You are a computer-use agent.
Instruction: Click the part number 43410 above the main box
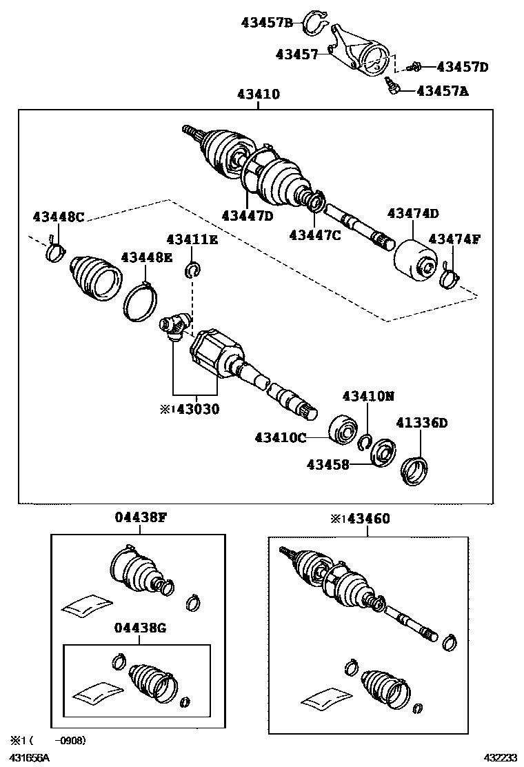click(259, 94)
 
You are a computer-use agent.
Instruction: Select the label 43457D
click(463, 67)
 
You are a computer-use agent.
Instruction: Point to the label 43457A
click(443, 90)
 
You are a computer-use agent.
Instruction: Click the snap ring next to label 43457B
click(316, 21)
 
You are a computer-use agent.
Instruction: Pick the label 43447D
click(248, 215)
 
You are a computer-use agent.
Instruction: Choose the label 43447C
click(314, 235)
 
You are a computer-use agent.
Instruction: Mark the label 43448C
click(59, 217)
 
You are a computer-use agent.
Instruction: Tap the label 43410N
click(369, 397)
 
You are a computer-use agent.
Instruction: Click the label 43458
click(327, 465)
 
